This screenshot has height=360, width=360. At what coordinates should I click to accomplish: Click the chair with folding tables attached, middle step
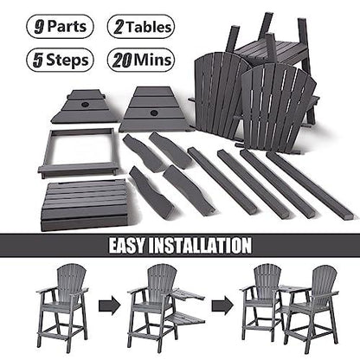160,303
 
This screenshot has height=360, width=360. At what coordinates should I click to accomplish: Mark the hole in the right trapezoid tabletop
156,106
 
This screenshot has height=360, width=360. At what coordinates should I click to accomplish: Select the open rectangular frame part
77,151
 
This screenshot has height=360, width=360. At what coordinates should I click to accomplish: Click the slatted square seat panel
85,204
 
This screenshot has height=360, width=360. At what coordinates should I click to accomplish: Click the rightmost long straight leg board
308,185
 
